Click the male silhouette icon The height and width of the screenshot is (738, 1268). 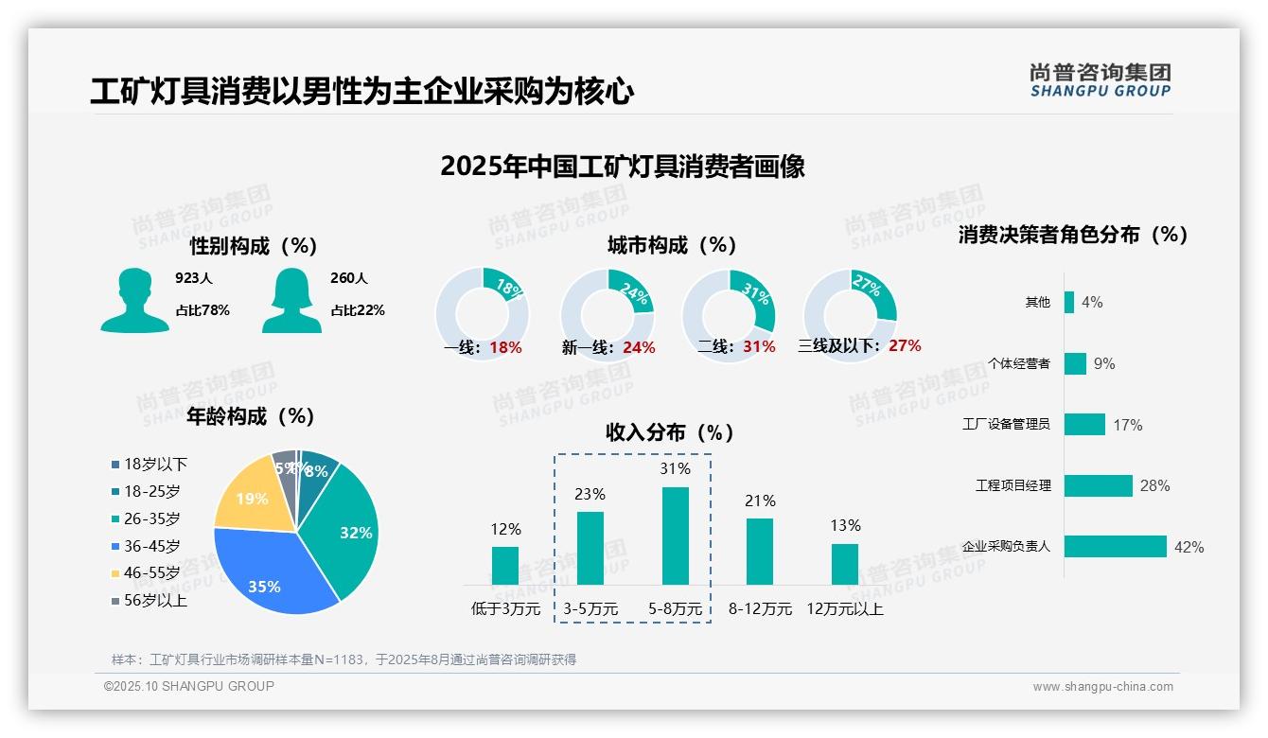point(135,300)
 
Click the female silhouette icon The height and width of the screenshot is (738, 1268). point(291,300)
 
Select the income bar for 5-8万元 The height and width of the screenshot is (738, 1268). point(675,536)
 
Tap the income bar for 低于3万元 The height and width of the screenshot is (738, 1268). point(505,565)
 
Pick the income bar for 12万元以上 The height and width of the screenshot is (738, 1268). point(845,564)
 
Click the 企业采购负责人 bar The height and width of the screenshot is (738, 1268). point(1115,547)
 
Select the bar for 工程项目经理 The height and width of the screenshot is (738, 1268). point(1098,485)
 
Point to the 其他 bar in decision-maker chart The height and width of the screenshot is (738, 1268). point(1069,302)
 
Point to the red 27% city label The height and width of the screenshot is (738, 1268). point(905,345)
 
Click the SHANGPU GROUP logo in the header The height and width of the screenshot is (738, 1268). point(1100,79)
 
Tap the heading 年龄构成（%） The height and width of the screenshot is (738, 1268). point(251,415)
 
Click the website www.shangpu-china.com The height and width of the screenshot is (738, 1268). point(1102,687)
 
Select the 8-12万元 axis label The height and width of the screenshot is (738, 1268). point(760,608)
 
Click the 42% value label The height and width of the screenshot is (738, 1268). point(1189,547)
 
